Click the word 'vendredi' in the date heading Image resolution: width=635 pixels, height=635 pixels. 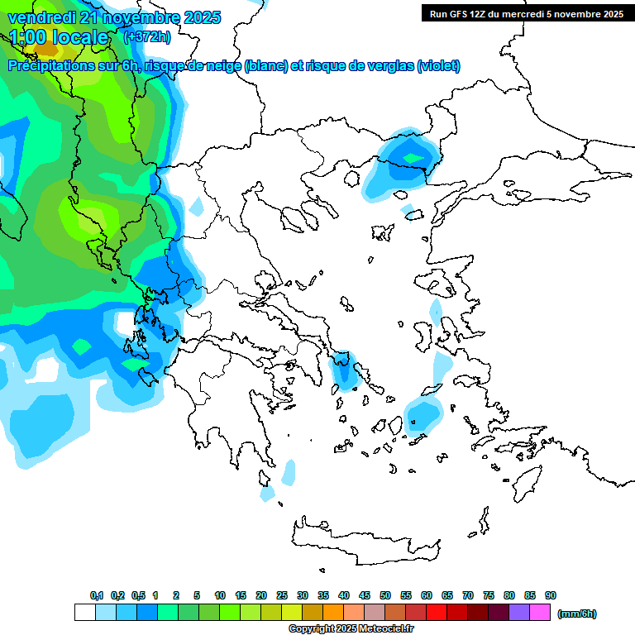click(37, 17)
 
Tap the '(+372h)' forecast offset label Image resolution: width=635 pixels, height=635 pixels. click(146, 36)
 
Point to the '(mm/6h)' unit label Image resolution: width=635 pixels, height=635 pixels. click(577, 614)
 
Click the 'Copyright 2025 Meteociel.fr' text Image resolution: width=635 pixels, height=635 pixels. click(351, 629)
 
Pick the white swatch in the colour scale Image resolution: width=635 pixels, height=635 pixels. click(84, 613)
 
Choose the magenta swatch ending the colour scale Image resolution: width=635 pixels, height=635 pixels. click(540, 613)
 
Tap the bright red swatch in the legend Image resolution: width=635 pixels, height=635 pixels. click(437, 613)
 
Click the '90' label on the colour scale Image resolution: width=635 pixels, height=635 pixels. click(551, 595)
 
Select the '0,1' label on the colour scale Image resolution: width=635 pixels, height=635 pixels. click(97, 595)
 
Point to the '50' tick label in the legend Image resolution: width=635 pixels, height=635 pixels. click(385, 595)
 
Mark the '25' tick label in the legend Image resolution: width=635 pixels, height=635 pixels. click(282, 595)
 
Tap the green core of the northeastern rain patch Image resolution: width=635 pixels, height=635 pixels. click(412, 156)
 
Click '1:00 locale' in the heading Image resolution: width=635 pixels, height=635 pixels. click(60, 37)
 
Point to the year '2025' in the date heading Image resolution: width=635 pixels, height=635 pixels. click(198, 17)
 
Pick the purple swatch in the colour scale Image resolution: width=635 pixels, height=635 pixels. click(519, 613)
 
